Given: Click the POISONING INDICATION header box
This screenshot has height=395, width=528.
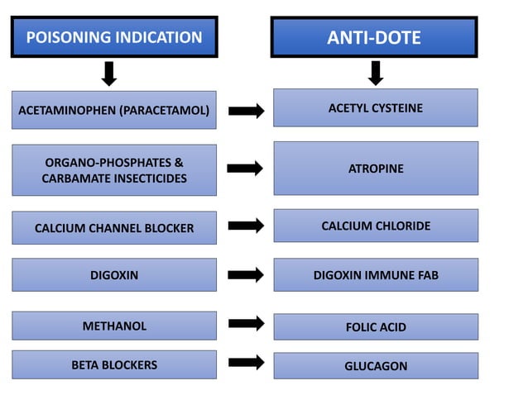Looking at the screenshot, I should coord(114,37).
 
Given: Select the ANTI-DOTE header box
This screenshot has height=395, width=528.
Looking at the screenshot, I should coord(375,37).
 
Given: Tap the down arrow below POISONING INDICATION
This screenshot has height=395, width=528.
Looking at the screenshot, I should coord(108,74).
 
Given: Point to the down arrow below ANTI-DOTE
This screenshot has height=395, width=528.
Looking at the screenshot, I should coord(376,74).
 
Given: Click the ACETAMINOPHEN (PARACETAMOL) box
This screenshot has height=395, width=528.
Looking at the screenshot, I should coord(114,110).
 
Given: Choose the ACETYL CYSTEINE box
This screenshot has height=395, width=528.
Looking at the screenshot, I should coord(376,108).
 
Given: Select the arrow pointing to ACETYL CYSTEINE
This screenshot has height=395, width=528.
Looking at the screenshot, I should coord(246,111).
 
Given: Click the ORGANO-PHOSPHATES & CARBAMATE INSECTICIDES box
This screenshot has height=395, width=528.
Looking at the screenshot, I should coord(114,170).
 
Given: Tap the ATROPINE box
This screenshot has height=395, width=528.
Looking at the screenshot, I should coord(376,169).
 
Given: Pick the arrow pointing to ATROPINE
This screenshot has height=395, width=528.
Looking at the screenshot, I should coord(246,169).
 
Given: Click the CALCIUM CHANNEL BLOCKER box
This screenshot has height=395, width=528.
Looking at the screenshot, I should coord(114,228).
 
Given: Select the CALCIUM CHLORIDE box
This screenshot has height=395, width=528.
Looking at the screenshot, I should coord(376,226).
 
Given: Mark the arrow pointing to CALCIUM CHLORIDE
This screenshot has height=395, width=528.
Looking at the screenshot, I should coord(246,225).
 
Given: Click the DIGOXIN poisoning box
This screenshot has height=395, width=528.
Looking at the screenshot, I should coord(114,275).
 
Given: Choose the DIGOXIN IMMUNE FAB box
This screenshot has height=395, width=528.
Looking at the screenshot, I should coord(376,275).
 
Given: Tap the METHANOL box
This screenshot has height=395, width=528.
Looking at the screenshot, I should coord(114,326).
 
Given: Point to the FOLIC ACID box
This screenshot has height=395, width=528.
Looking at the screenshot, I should coord(376,326).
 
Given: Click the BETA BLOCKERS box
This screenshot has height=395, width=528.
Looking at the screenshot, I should coord(114,364).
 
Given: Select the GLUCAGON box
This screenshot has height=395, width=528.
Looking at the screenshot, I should coord(376,365).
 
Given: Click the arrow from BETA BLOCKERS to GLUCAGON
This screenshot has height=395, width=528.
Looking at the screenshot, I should coord(246,362).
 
